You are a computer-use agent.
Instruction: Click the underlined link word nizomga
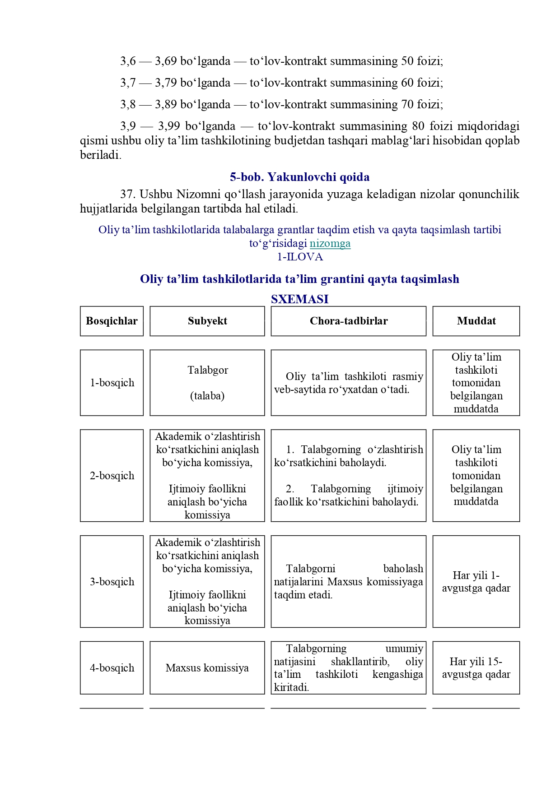point(330,244)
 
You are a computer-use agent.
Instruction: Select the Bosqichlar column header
point(112,321)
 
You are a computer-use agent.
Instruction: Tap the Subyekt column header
point(207,321)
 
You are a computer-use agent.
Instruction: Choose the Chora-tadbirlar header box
point(348,321)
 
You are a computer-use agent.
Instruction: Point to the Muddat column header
point(476,321)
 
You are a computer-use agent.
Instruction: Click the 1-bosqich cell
point(112,383)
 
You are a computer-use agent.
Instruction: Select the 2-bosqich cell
point(112,476)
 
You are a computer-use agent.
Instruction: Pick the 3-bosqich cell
point(112,582)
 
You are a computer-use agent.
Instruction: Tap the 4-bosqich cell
point(112,668)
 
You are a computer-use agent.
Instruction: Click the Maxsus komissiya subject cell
point(207,668)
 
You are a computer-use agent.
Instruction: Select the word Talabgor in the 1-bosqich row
point(208,371)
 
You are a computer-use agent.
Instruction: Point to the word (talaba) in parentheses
point(207,396)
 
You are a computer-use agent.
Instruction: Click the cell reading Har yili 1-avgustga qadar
point(476,582)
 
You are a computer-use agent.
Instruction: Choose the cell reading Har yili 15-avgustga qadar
point(476,668)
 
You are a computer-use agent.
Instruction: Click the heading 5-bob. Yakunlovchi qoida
point(299,177)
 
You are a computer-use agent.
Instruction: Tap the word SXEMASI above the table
point(299,299)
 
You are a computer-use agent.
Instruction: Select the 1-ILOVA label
point(300,257)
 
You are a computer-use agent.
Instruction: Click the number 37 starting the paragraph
point(127,195)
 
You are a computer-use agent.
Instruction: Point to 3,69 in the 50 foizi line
point(165,61)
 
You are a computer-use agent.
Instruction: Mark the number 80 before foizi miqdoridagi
point(418,126)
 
